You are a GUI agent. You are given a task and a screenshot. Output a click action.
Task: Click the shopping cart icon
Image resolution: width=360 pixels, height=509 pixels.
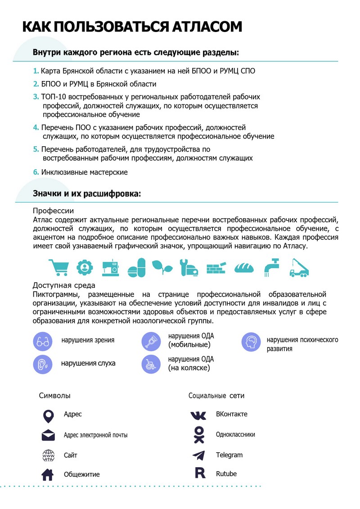(58, 267)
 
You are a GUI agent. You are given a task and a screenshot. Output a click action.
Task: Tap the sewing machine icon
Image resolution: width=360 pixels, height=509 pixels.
(110, 267)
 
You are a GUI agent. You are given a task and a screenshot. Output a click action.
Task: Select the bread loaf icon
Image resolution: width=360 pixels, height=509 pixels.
(244, 268)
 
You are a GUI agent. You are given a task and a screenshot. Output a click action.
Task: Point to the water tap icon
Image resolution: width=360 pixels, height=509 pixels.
(271, 267)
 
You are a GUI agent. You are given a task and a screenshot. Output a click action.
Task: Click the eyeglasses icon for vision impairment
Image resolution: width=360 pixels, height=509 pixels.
(43, 341)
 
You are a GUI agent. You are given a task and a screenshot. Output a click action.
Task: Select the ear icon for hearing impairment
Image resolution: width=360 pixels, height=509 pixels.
(43, 364)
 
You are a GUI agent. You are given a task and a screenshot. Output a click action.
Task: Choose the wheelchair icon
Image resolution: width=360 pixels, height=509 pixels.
(151, 364)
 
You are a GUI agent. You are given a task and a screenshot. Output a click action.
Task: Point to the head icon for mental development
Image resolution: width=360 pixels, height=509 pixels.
(252, 342)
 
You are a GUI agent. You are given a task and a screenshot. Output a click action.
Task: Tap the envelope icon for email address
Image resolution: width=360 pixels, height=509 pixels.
(48, 436)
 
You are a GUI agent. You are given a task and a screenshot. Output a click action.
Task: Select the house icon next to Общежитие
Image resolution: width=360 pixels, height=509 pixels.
(48, 474)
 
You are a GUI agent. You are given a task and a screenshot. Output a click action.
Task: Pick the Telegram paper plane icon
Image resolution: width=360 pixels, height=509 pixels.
(198, 455)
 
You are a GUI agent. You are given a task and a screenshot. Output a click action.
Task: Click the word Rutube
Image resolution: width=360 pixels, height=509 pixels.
(226, 474)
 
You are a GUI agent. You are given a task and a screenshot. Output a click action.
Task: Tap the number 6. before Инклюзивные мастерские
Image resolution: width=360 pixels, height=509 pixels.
(36, 172)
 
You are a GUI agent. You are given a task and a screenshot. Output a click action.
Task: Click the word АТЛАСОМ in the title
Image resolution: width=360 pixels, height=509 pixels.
(207, 27)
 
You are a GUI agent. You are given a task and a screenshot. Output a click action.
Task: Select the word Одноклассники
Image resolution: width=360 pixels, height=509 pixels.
(235, 435)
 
